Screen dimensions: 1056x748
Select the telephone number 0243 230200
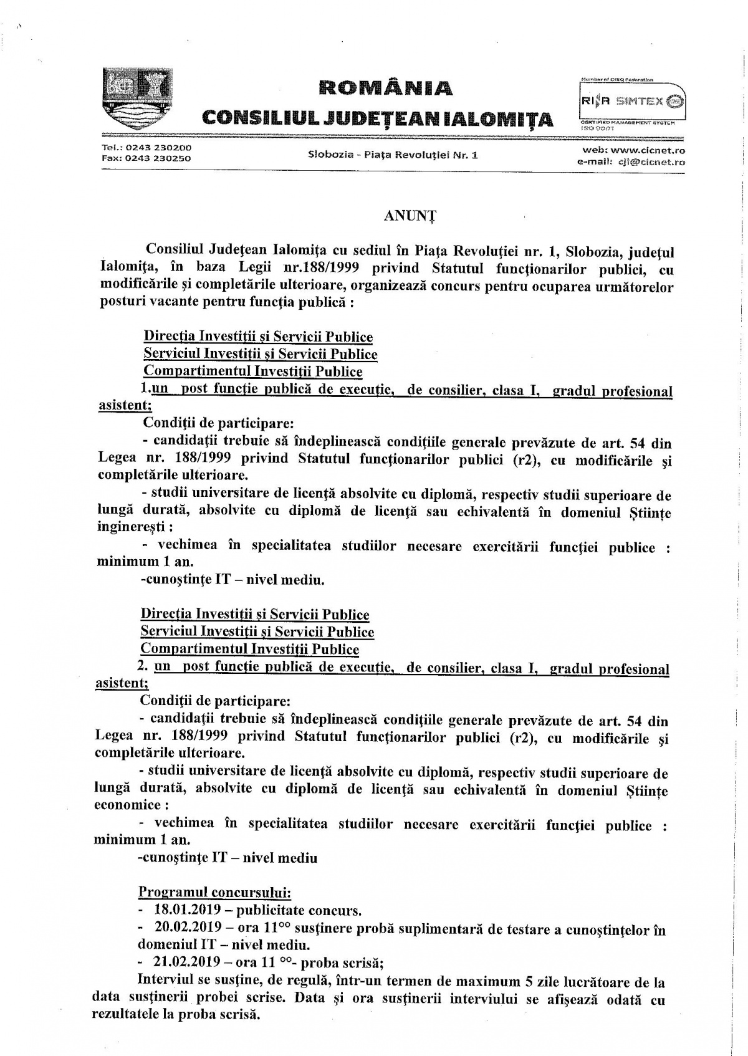pos(158,148)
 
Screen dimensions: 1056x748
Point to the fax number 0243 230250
pos(158,158)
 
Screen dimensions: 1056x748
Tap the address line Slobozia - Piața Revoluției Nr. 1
pos(393,155)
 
